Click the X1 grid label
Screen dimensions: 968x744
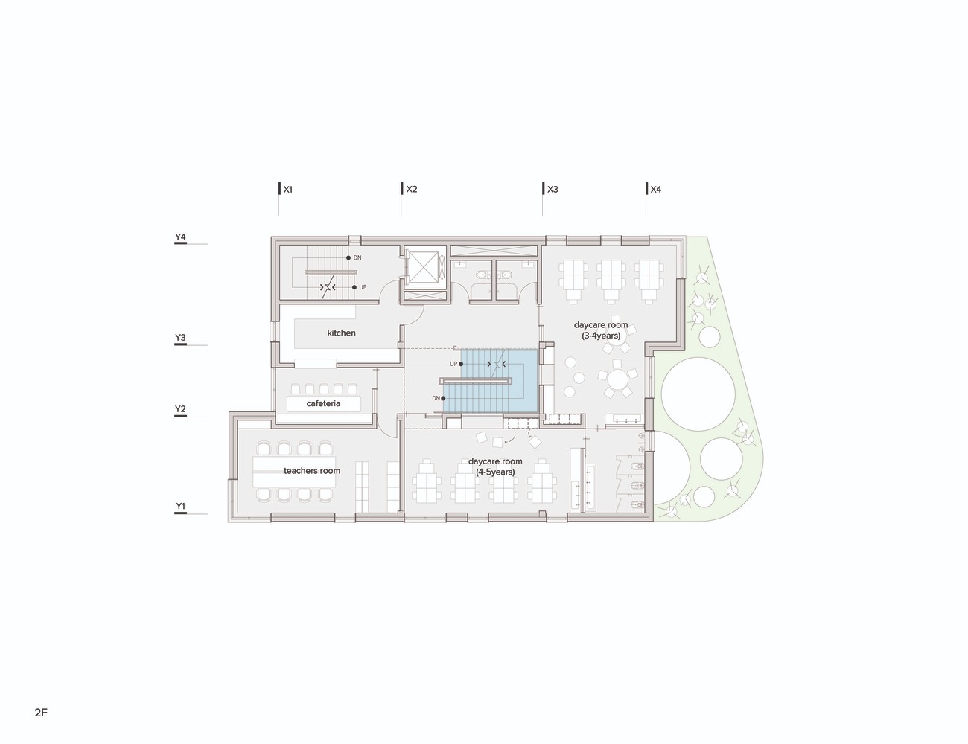click(287, 190)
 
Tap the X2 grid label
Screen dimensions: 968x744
click(412, 190)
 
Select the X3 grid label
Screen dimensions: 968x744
click(553, 190)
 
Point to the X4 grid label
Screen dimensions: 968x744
click(656, 190)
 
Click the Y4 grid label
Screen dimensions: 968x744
click(180, 237)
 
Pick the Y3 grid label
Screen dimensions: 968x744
click(180, 338)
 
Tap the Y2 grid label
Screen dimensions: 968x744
click(180, 409)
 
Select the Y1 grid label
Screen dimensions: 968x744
click(180, 507)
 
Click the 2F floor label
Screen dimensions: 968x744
click(41, 713)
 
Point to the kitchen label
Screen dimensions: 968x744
click(341, 333)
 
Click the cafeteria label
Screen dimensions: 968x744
click(323, 403)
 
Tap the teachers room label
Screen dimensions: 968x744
click(312, 471)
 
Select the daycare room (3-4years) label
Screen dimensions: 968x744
click(601, 330)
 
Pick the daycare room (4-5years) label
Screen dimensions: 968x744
click(495, 466)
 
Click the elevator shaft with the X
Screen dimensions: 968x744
click(423, 267)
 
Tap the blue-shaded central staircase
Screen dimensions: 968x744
click(491, 382)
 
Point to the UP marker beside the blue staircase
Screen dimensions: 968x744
click(456, 364)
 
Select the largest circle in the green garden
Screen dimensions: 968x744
click(698, 394)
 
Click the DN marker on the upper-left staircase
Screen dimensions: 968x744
click(354, 257)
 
